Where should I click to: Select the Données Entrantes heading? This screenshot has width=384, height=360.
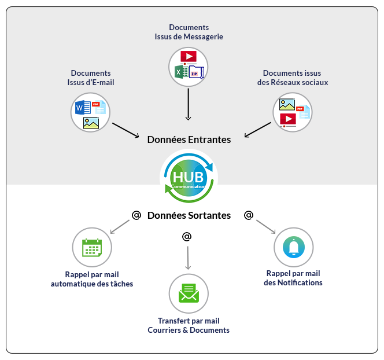[x=189, y=139]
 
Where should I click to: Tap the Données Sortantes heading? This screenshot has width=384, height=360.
[x=189, y=215]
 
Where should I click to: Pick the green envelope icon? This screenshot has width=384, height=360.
[x=189, y=293]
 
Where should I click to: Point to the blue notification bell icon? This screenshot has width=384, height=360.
[x=294, y=247]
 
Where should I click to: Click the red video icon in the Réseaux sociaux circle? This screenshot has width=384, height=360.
[x=287, y=119]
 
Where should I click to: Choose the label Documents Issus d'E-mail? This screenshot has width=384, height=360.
[x=91, y=78]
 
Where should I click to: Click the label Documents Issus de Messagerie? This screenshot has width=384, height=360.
[x=189, y=32]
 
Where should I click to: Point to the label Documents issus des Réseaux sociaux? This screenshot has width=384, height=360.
[x=292, y=78]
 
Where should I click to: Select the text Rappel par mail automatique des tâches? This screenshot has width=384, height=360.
[x=92, y=279]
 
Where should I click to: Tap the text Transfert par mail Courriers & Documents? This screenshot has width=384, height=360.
[x=189, y=325]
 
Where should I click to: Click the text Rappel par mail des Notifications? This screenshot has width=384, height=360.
[x=293, y=278]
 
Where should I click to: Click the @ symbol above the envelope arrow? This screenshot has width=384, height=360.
[x=186, y=237]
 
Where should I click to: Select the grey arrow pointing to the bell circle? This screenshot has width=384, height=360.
[x=265, y=227]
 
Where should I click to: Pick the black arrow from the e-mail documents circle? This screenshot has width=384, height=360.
[x=125, y=130]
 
